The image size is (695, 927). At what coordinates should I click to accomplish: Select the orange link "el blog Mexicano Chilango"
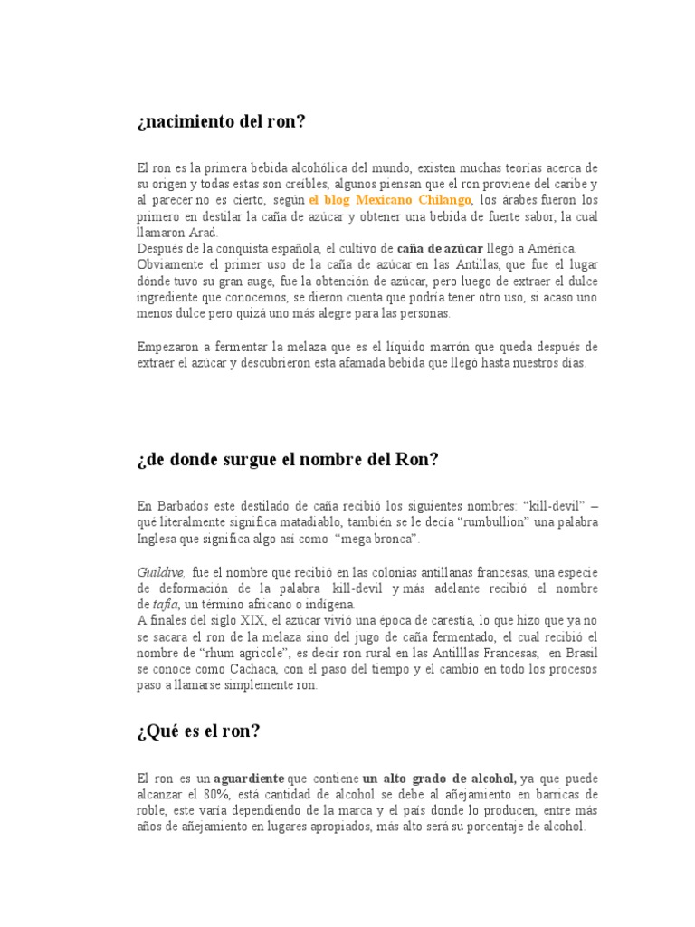[x=390, y=199]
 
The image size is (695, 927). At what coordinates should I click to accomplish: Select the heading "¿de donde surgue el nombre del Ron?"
[x=287, y=460]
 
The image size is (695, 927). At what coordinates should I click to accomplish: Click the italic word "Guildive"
[x=161, y=572]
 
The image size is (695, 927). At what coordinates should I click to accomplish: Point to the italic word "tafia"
[x=165, y=605]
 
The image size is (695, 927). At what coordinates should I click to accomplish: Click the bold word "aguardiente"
[x=249, y=778]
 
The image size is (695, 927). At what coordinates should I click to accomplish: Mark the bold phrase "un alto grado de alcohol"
[x=439, y=778]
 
